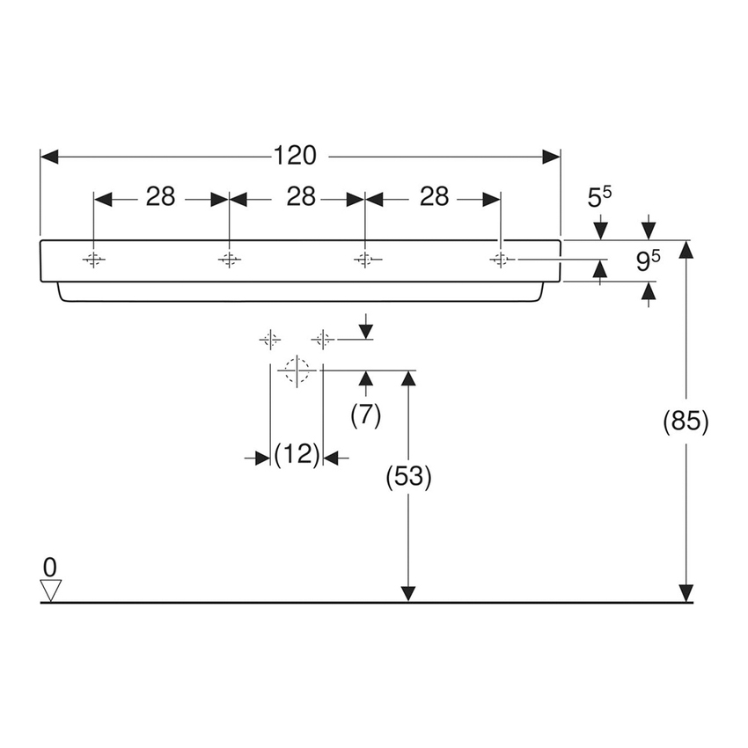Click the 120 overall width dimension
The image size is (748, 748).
294,156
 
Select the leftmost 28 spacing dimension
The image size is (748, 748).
160,197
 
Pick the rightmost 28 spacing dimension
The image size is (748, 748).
434,197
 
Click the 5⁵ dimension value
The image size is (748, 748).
599,198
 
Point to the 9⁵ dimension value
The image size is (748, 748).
649,261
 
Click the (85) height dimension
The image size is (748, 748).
686,422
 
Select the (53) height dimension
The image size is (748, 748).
407,477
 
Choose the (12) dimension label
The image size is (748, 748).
297,456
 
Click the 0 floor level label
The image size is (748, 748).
50,565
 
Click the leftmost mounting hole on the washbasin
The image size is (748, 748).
93,260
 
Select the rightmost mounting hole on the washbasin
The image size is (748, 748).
501,260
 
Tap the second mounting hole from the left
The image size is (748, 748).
229,260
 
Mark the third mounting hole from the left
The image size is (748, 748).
364,260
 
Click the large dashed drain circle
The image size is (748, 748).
297,371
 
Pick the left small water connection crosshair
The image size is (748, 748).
270,339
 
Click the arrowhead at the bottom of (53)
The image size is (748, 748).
407,594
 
